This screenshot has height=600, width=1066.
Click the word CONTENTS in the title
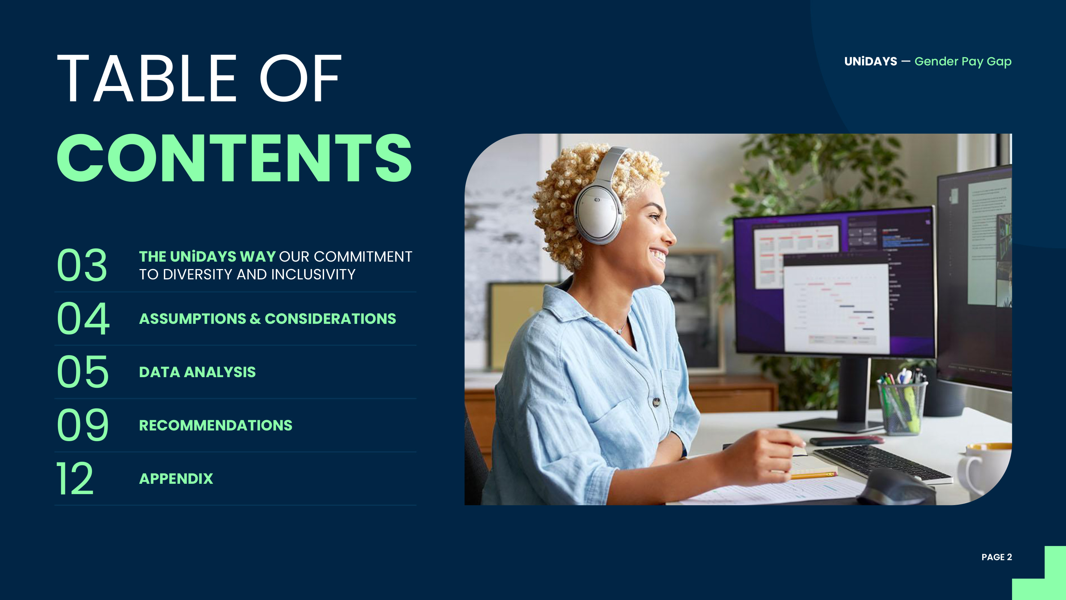tap(234, 158)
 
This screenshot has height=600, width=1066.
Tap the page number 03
tap(82, 265)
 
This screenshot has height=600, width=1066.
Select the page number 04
tap(83, 318)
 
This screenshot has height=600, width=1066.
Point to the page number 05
tap(83, 371)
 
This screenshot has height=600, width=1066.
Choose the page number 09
tap(83, 424)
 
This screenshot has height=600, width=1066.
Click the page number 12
tap(75, 478)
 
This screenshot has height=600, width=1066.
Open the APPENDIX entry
tap(176, 479)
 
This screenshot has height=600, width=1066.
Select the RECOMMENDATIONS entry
tap(216, 425)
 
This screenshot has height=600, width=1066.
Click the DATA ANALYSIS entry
tap(198, 372)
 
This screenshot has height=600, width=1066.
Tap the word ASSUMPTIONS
tap(193, 318)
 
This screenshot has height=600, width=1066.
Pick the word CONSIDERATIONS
tap(330, 318)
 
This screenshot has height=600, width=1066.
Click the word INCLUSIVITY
tap(313, 274)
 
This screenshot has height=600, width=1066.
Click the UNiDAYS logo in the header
tap(871, 61)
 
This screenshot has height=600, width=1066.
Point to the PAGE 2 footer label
tap(996, 557)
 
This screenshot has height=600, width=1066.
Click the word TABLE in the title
tap(146, 78)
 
